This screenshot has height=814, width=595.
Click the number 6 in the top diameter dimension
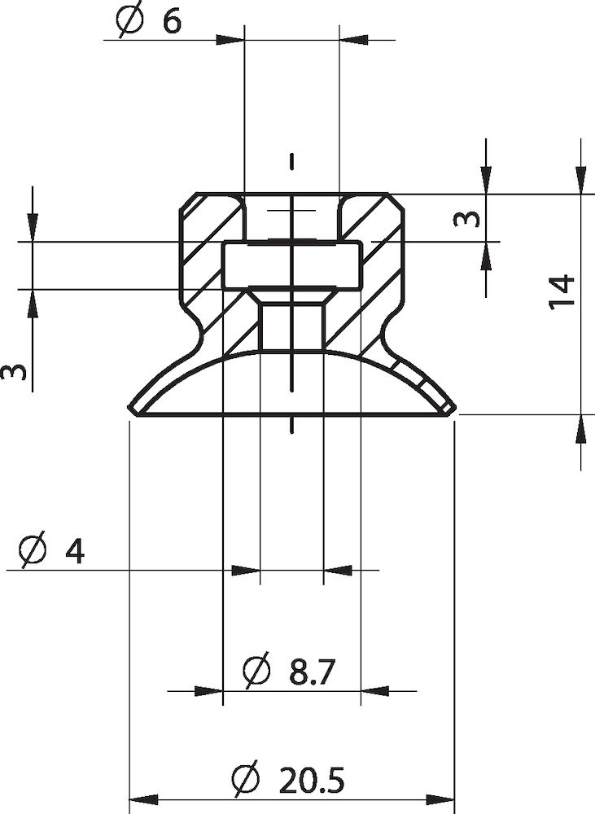coord(172,21)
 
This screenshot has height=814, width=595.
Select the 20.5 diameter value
coord(312,781)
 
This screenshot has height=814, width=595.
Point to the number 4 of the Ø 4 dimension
coord(74,552)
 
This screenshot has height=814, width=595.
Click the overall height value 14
coord(562,291)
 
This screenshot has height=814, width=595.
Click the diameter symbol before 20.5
coord(245,781)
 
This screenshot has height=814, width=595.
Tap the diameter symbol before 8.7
coord(256,673)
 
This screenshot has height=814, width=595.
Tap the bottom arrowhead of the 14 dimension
coord(580,429)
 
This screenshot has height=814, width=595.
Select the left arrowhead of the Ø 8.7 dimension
coord(210,691)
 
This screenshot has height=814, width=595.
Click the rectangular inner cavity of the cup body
coord(291,265)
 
